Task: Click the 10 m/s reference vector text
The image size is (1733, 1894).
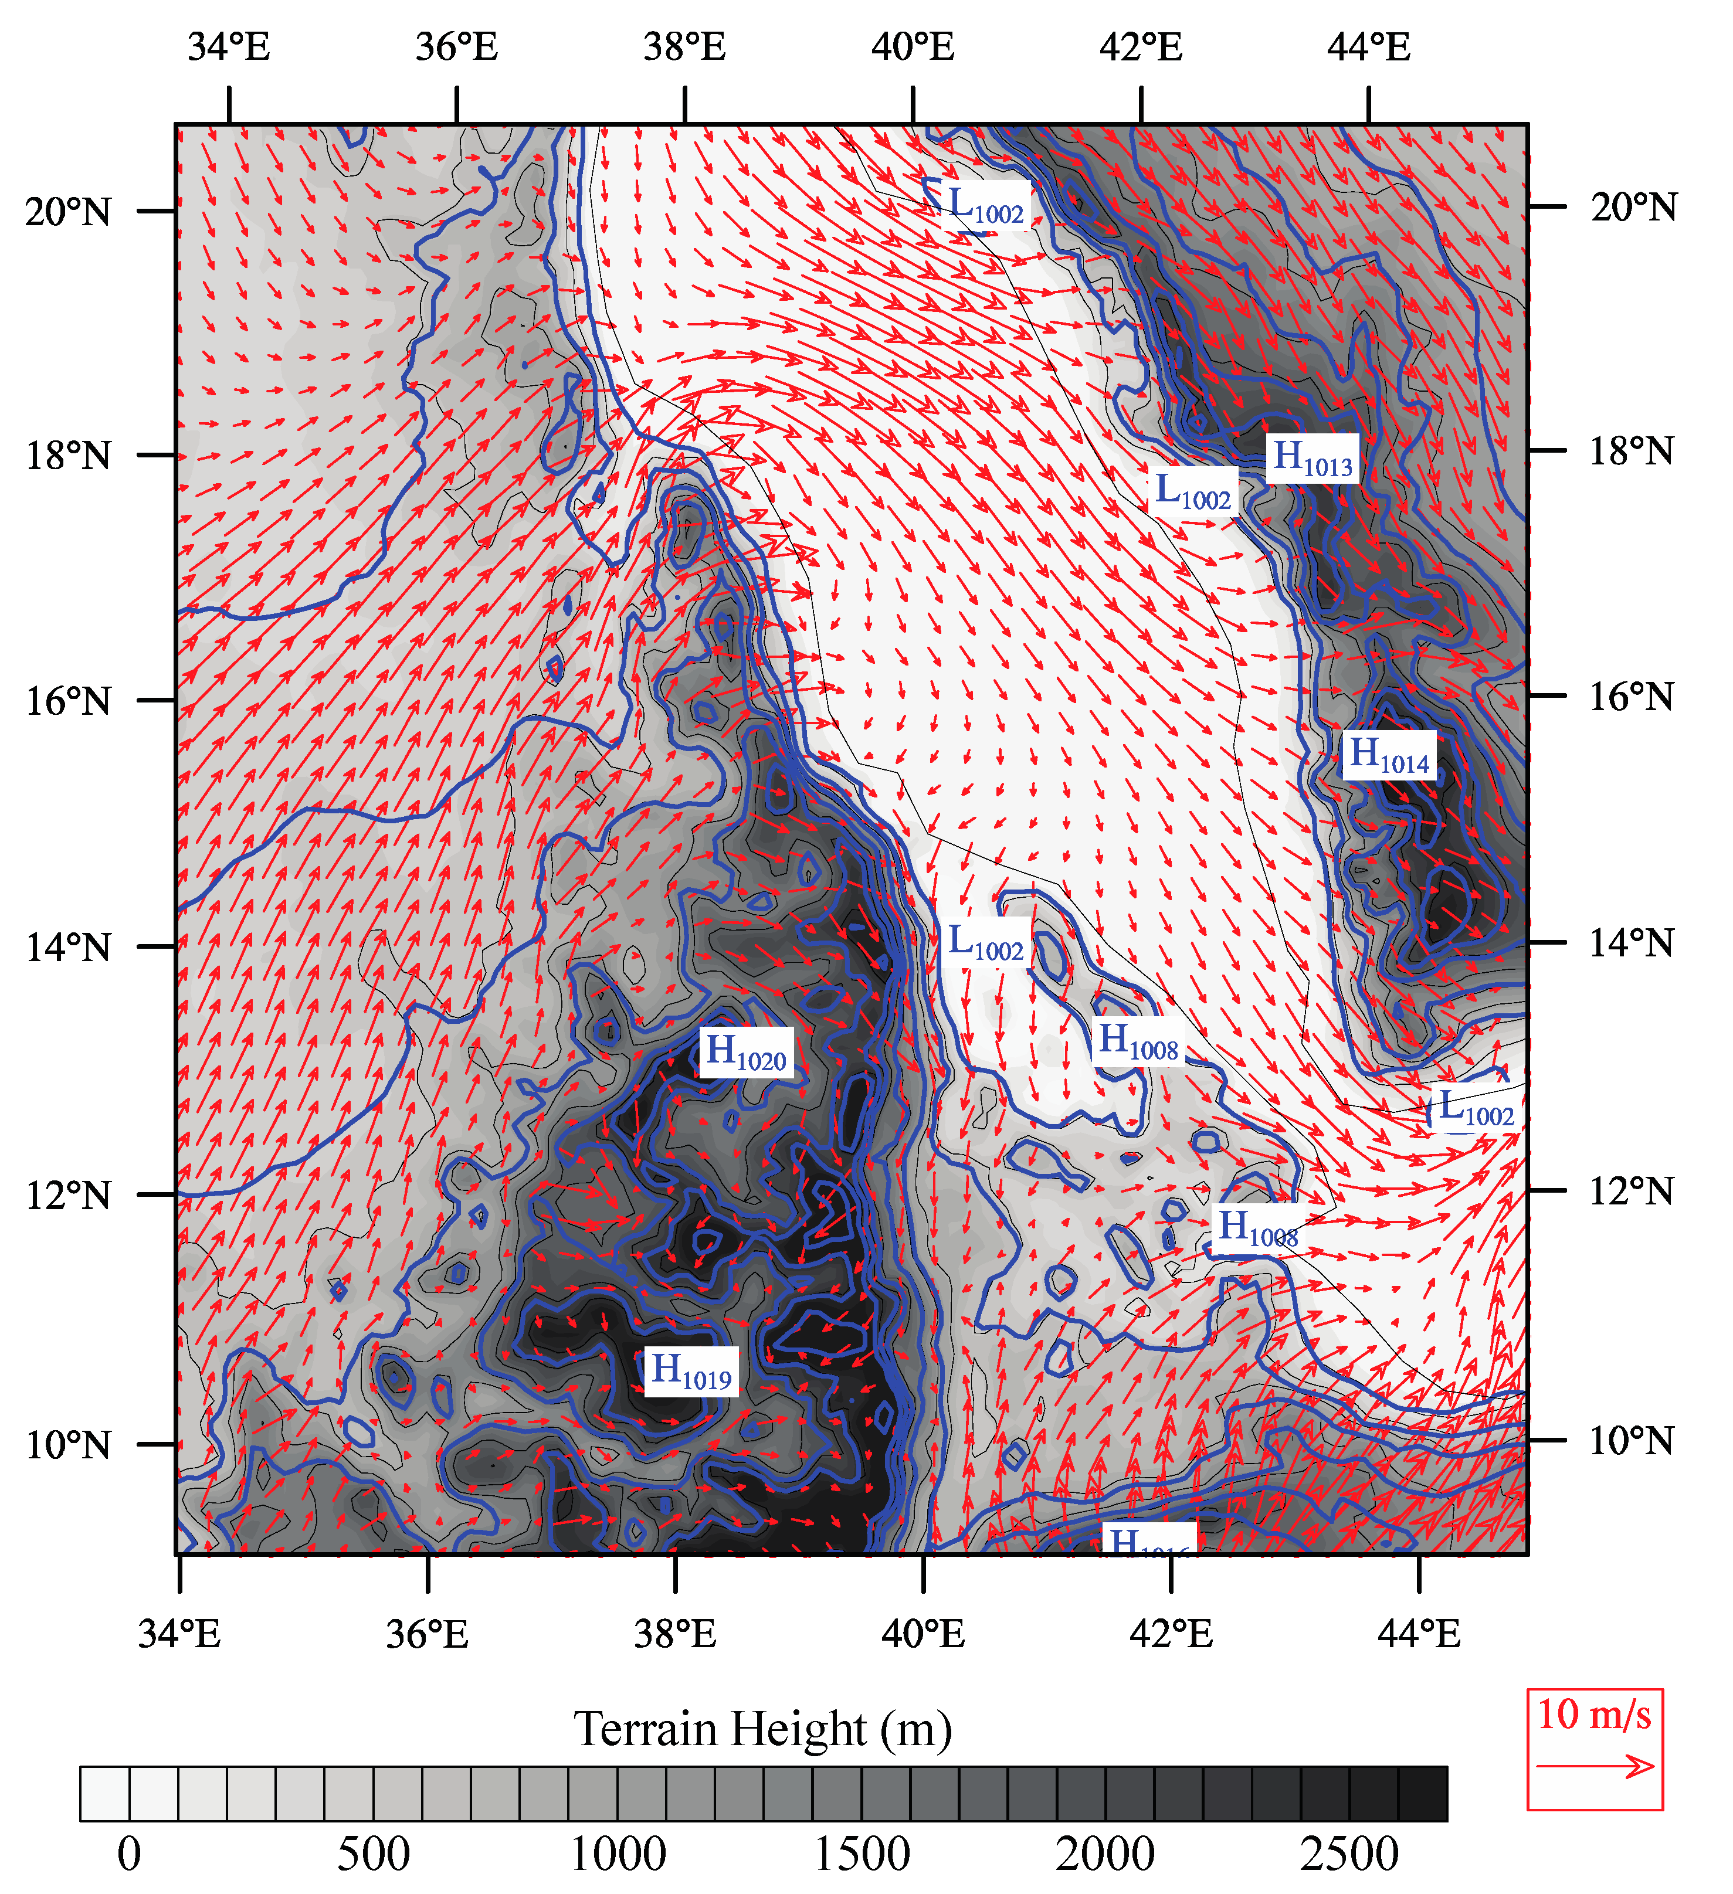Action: (x=1594, y=1715)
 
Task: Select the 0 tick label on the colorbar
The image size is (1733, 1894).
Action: (x=130, y=1854)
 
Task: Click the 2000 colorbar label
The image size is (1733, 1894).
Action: (x=1105, y=1854)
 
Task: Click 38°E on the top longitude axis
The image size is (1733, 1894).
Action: (x=684, y=46)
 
